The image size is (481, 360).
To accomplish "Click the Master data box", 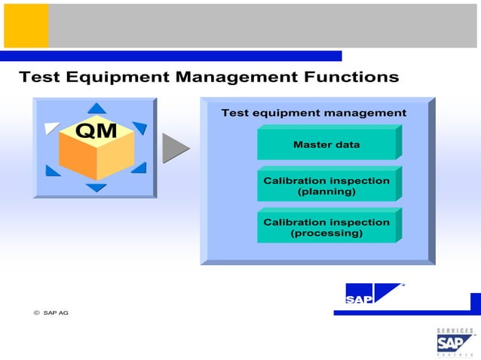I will [326, 144].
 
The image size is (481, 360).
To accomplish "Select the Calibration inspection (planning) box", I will [326, 186].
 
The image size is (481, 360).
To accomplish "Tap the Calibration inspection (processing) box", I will [326, 227].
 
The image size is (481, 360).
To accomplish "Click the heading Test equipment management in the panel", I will [314, 113].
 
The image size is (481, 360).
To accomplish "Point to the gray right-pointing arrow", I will [175, 148].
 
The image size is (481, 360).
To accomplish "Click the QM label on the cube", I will [97, 131].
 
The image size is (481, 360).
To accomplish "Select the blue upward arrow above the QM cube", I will [97, 108].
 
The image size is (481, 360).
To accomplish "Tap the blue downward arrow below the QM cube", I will [96, 188].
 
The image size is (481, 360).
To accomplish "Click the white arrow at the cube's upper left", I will [51, 128].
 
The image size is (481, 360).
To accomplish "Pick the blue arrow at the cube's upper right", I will [139, 128].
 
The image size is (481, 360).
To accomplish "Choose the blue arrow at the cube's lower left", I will [53, 170].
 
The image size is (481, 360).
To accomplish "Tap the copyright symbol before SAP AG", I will [35, 313].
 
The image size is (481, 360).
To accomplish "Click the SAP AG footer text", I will [56, 313].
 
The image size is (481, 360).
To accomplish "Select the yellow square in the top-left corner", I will [26, 26].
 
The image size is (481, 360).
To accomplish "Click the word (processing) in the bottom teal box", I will [326, 233].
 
